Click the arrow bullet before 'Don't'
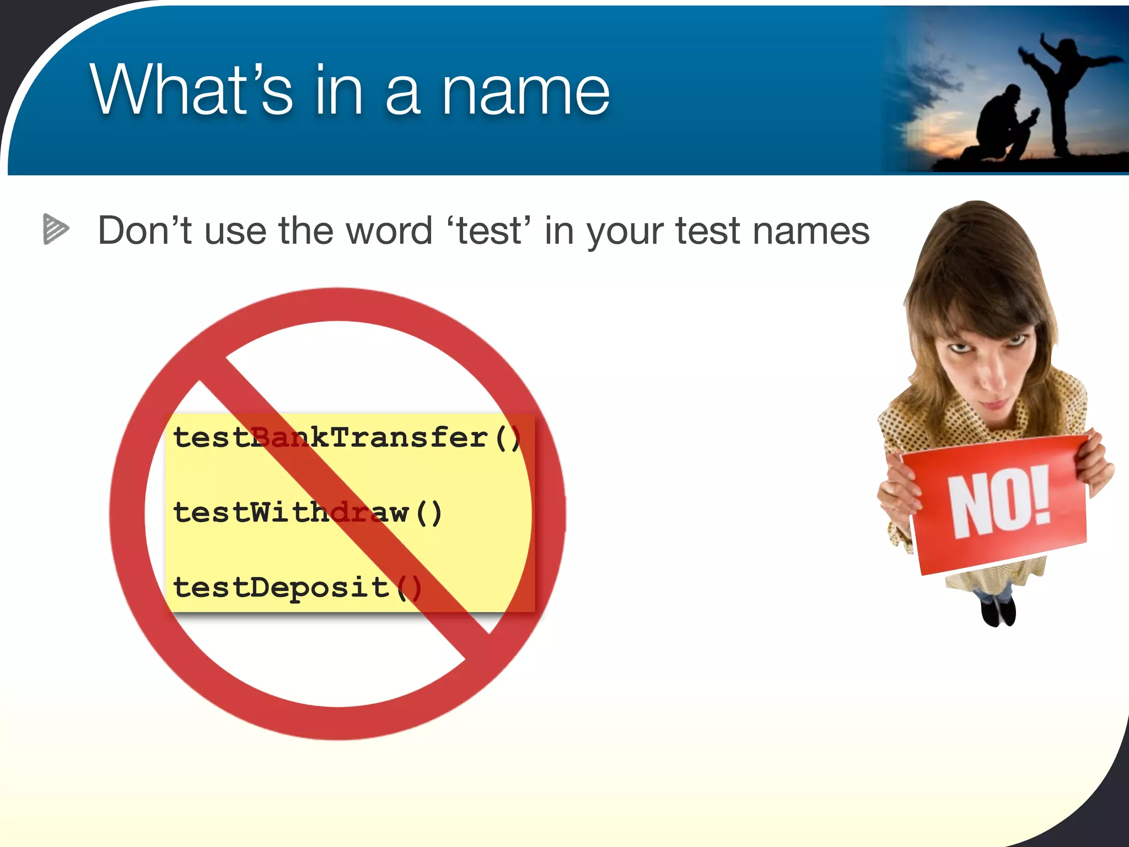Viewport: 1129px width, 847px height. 56,229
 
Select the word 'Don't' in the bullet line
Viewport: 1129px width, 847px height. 144,230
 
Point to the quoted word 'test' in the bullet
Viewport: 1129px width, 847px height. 488,230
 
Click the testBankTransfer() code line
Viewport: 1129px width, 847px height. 346,438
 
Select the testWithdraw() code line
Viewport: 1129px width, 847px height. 307,512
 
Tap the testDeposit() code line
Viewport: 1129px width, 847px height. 297,587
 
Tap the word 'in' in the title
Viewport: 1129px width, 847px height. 338,90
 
